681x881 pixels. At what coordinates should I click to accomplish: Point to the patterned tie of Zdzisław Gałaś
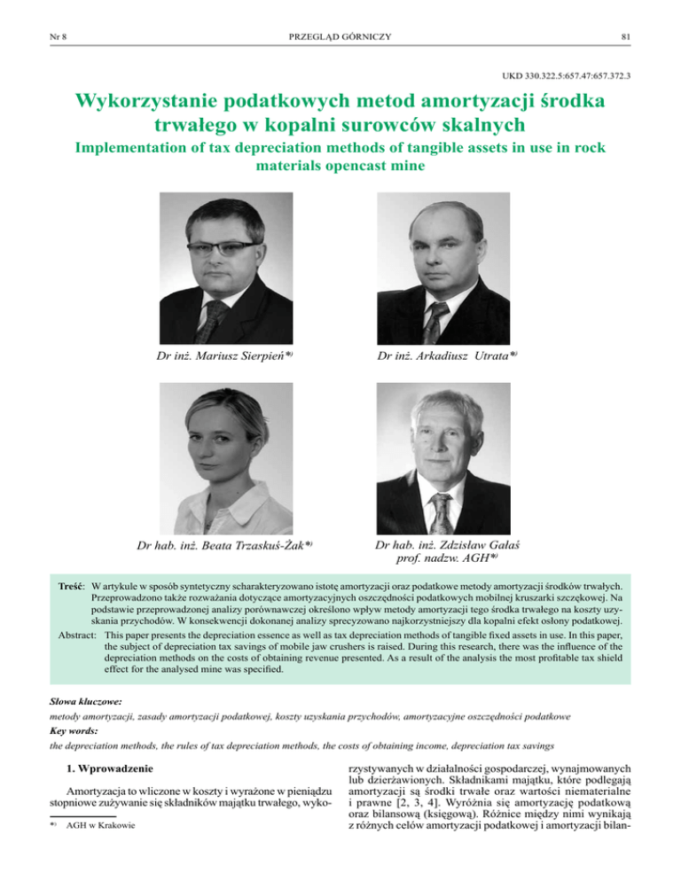[441, 509]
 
